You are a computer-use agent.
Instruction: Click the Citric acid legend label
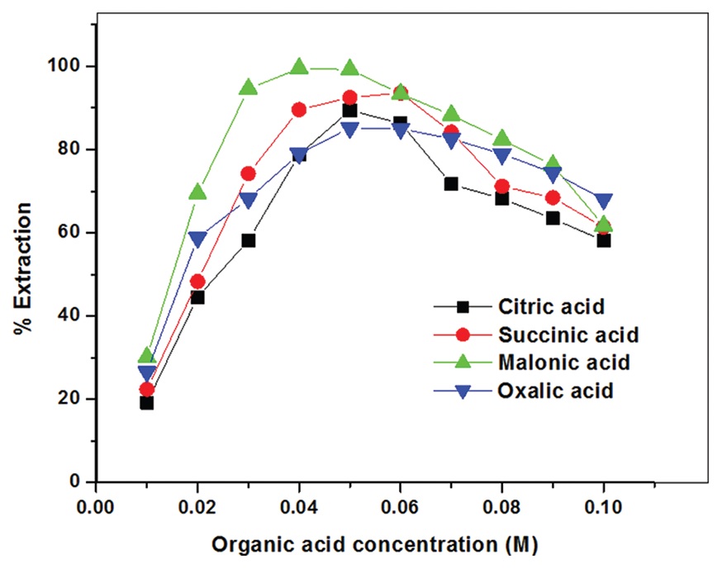551,307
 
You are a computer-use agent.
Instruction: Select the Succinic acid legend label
569,335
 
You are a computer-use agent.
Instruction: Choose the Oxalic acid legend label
555,391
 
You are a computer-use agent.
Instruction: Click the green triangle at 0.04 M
299,67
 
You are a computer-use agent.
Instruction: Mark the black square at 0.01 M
147,403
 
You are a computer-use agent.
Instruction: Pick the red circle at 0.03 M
249,173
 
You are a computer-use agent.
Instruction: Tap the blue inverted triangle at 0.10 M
603,202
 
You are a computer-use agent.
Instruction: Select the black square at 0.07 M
451,183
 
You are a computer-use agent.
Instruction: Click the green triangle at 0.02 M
197,192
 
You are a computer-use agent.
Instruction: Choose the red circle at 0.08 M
501,187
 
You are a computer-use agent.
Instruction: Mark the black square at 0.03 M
249,240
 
